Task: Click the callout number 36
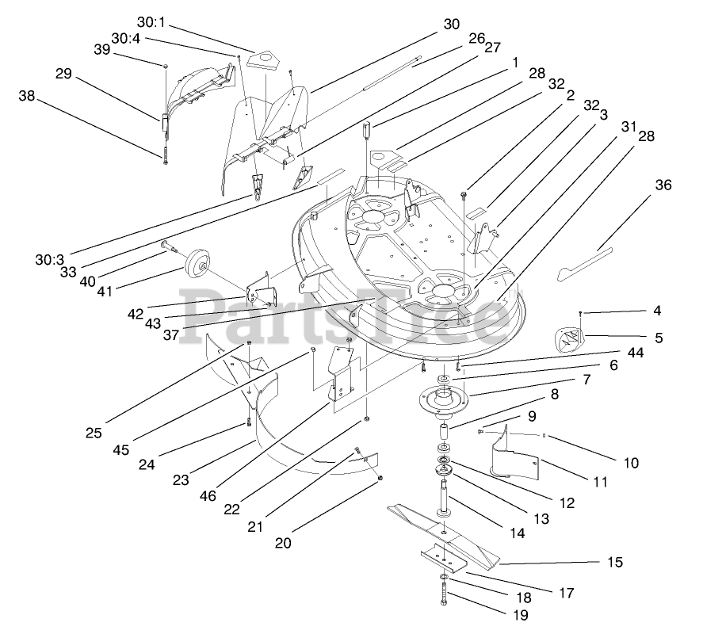point(663,185)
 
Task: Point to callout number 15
point(614,562)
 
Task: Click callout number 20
point(283,543)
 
